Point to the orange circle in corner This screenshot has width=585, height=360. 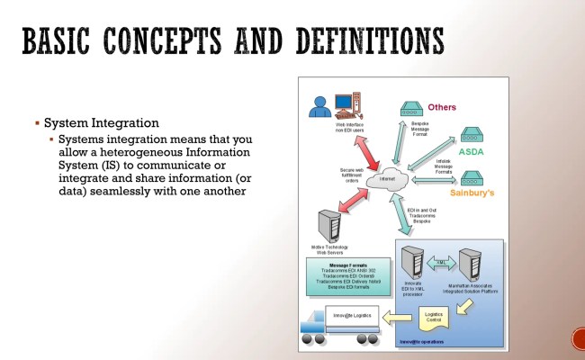pyautogui.click(x=580, y=339)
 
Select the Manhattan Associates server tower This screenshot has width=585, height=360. pyautogui.click(x=470, y=263)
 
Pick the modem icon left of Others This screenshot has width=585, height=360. pyautogui.click(x=411, y=107)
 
